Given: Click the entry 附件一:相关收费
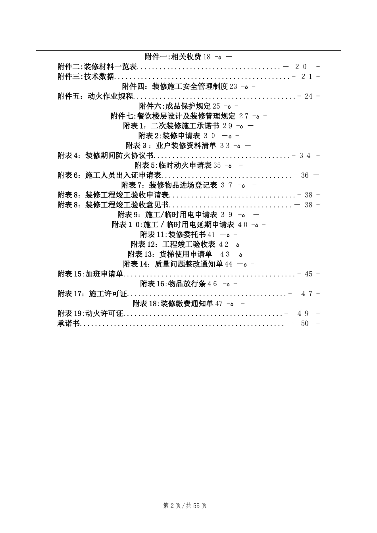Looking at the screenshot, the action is tap(173, 57).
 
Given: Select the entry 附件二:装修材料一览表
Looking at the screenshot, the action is tap(97, 67).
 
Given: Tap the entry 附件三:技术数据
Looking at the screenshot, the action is tap(86, 77).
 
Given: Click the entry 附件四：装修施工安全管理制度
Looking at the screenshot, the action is tap(175, 86).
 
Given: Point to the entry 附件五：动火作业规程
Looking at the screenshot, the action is tap(96, 96).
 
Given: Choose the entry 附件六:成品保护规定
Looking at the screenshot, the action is tap(175, 106).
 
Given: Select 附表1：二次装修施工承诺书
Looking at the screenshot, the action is tap(171, 126).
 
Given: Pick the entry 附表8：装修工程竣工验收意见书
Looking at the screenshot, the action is tap(113, 205).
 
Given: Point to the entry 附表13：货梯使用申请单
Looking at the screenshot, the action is tap(170, 254).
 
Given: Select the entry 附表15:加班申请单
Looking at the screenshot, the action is tap(90, 274).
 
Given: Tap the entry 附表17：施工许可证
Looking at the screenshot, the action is tap(92, 294).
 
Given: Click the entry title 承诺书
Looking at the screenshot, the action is tap(69, 324).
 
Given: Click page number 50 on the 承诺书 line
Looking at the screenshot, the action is tap(305, 324).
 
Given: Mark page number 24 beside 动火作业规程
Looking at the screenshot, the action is tap(308, 96).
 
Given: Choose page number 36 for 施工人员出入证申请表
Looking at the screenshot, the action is tap(304, 175).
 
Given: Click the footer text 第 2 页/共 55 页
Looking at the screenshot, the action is tap(185, 506).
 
